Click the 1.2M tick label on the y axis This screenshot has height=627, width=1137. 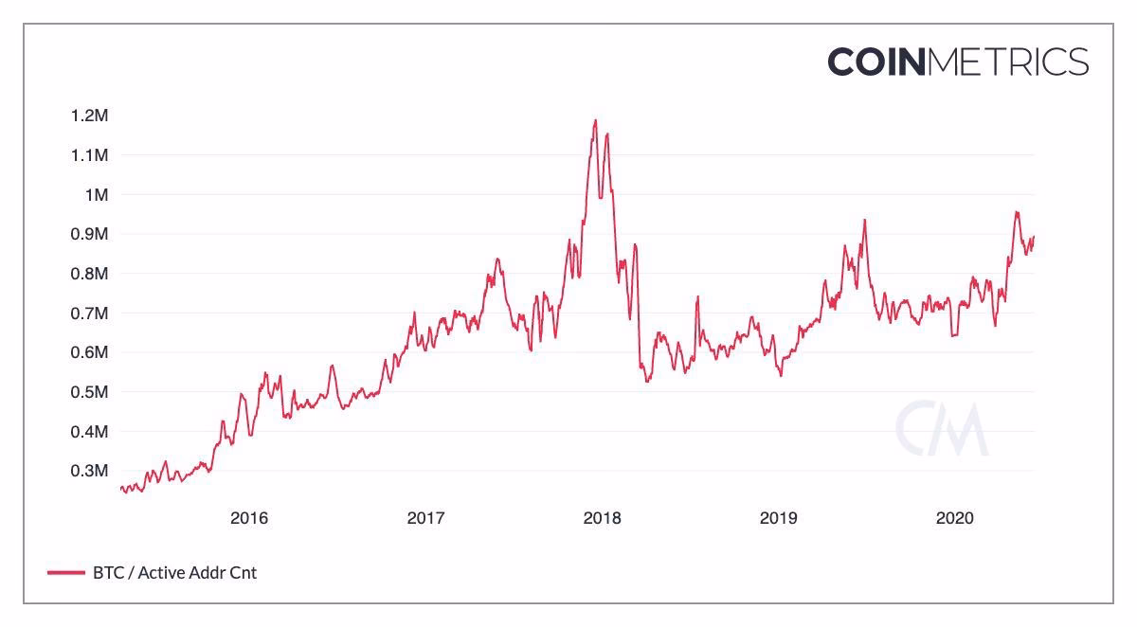point(90,116)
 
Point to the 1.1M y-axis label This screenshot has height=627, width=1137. point(90,155)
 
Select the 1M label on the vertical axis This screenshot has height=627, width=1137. point(97,195)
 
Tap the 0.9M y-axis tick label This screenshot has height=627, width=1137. point(90,234)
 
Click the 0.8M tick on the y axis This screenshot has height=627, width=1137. point(90,274)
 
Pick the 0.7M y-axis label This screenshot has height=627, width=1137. point(90,313)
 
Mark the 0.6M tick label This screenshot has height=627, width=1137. point(90,352)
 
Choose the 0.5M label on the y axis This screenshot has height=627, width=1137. point(90,392)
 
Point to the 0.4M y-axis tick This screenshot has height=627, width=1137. point(90,432)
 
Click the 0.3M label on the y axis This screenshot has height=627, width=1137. point(90,471)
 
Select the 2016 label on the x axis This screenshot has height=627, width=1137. point(249,518)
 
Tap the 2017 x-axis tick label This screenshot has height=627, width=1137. point(425,518)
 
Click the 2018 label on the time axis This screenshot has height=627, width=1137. point(602,518)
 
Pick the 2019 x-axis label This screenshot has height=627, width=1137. point(778,518)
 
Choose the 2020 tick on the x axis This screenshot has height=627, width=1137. point(954,518)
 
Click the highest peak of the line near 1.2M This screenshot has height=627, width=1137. point(595,120)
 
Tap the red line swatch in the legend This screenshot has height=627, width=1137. point(65,572)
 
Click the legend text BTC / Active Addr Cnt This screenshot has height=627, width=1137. point(174,572)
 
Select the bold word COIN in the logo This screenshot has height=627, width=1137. point(876,63)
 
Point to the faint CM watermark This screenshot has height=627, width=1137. point(942,428)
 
